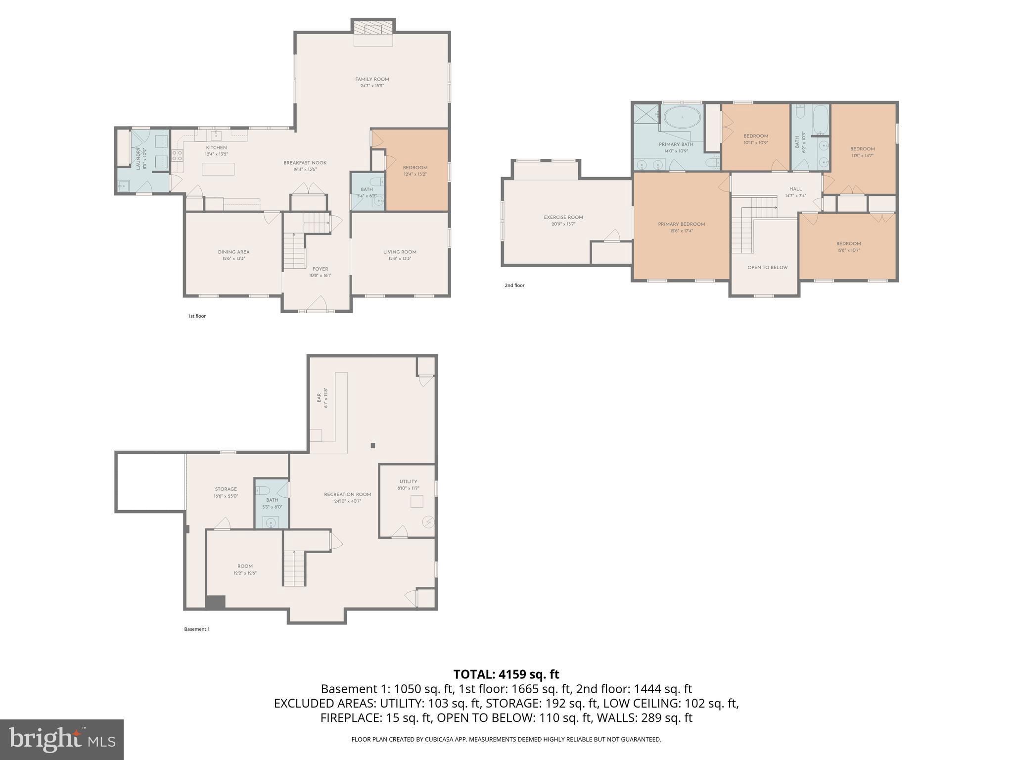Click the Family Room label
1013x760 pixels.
[372, 79]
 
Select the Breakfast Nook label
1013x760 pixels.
[305, 163]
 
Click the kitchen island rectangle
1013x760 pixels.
[218, 169]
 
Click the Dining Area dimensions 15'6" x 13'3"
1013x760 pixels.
[233, 258]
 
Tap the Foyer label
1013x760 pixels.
[320, 269]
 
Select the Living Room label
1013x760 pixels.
[400, 252]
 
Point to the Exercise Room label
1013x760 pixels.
[563, 217]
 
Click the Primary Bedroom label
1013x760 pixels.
[681, 224]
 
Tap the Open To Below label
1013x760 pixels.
[767, 268]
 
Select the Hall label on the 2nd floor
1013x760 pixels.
[795, 189]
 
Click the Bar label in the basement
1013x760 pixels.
[319, 397]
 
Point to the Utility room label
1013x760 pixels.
[408, 481]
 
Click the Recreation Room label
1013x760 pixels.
[347, 494]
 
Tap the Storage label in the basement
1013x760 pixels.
[226, 489]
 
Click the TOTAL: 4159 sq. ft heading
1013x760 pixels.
[506, 674]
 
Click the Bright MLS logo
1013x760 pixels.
[61, 739]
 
